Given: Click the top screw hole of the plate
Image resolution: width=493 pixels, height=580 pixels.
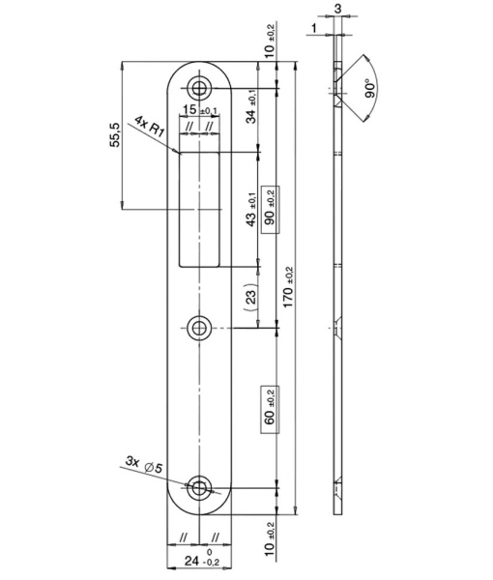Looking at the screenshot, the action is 199,88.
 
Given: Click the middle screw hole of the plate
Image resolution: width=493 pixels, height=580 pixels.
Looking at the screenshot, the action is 199,328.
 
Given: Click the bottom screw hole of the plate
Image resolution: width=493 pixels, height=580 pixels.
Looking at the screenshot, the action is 199,488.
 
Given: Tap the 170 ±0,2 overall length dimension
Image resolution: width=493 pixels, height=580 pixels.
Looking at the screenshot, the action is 288,287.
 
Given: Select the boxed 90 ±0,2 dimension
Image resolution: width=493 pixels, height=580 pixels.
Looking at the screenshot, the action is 271,210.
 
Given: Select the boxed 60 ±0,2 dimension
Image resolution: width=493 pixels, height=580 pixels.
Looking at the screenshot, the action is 271,410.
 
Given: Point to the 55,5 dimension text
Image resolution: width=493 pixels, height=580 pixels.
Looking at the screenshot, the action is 115,134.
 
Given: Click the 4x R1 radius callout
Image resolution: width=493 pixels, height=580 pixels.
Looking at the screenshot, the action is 148,126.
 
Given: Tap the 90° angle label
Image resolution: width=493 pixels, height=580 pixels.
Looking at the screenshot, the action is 370,88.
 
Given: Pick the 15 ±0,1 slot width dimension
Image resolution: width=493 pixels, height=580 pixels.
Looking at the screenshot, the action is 200,109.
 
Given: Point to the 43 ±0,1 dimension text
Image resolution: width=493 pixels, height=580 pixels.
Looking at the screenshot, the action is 251,210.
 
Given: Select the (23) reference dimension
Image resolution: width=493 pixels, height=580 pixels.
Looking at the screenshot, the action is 251,295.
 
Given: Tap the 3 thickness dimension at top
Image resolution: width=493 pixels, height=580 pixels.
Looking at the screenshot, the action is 337,9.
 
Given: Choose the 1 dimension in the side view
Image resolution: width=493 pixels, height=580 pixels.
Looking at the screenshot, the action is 314,28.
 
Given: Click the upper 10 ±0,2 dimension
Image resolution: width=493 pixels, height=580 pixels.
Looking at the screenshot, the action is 271,41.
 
